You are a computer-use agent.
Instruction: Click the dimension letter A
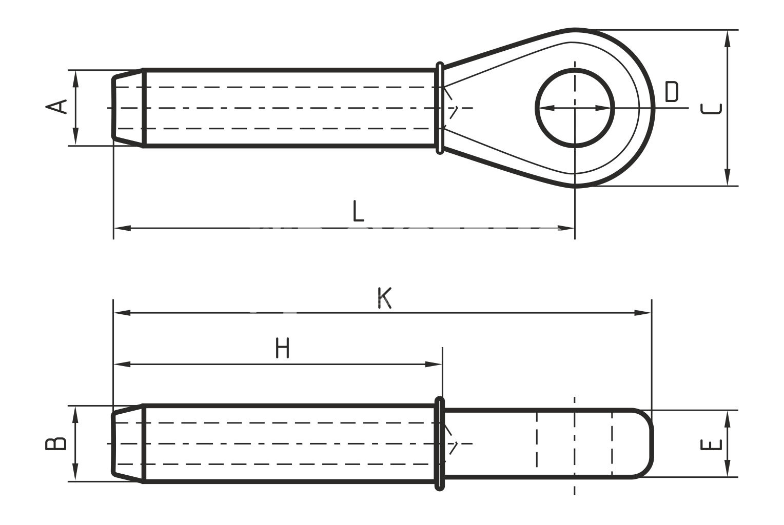[56, 107]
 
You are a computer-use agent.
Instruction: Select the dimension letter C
[711, 109]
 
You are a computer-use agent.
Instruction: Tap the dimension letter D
[672, 92]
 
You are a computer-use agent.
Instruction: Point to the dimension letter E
[711, 445]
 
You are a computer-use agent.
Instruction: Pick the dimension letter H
[282, 348]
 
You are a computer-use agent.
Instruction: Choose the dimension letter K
[384, 298]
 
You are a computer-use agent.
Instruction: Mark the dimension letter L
[358, 211]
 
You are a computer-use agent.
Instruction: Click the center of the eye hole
[575, 108]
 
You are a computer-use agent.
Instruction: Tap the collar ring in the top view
[440, 108]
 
